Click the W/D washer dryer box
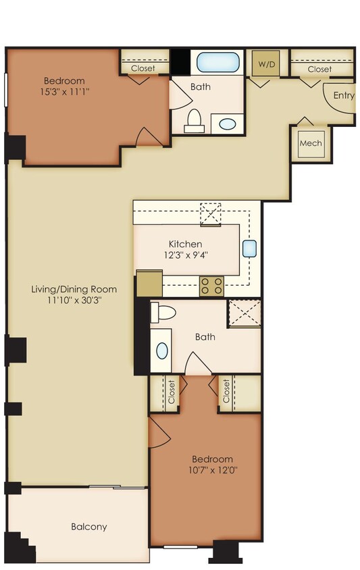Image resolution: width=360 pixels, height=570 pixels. [x=263, y=64]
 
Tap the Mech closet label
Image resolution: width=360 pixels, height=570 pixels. [x=311, y=143]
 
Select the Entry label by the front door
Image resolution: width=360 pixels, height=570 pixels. [x=344, y=95]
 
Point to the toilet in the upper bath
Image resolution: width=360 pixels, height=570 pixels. [x=195, y=120]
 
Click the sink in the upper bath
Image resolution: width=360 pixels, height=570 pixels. [x=228, y=124]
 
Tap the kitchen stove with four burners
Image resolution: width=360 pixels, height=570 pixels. [x=211, y=286]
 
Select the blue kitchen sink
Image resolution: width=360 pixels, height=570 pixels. [x=249, y=248]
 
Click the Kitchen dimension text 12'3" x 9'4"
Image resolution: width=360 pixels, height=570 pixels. [x=185, y=255]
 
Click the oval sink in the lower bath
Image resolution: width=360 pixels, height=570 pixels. [x=162, y=351]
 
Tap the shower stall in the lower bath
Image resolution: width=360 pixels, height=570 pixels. [x=244, y=313]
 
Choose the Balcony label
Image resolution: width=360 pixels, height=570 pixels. [x=89, y=527]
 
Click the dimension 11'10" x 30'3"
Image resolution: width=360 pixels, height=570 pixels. [x=74, y=301]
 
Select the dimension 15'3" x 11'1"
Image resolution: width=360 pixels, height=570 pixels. [x=65, y=88]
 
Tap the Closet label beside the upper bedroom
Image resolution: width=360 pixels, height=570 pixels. [x=143, y=68]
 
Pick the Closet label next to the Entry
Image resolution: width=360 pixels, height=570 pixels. [x=319, y=69]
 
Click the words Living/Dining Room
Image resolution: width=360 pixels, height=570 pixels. [x=74, y=289]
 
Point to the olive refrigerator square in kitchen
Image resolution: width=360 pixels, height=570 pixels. [x=149, y=283]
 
